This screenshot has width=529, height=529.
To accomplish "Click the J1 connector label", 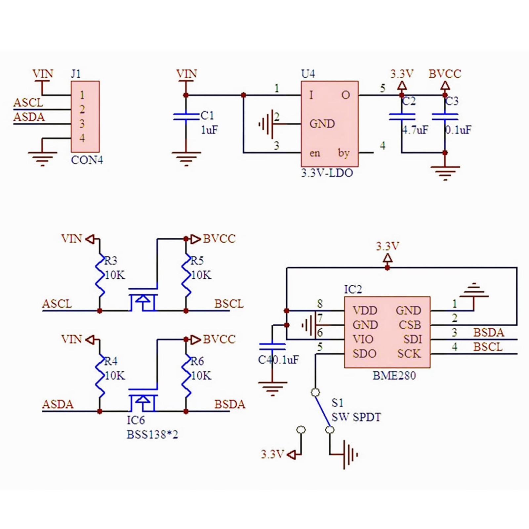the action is tap(76, 73).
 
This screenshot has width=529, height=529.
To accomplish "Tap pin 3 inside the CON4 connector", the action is tap(82, 124).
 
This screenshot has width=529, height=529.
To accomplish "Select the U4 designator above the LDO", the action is tap(308, 73).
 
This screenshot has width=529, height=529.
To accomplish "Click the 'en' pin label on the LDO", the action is tap(315, 153).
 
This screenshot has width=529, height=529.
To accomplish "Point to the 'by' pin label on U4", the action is tap(344, 153).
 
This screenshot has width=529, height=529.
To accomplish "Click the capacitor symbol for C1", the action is tap(186, 116).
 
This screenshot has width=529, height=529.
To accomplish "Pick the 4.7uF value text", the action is tap(415, 130).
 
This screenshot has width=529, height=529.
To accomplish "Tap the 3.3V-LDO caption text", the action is tap(327, 173).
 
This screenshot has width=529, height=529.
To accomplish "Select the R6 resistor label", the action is tap(197, 361).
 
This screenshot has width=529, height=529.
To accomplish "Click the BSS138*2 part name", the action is tap(152, 434).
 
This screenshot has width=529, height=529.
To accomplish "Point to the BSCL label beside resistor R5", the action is tap(229, 304).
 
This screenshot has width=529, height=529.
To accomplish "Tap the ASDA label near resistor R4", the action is tap(58, 404).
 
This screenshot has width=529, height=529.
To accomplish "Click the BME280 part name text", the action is tap(394, 376).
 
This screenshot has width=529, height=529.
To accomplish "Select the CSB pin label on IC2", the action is tap(410, 325).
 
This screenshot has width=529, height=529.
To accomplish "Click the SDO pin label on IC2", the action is tap(364, 354).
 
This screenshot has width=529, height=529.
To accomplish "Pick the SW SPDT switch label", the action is tap(356, 417).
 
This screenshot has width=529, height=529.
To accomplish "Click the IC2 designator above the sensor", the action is tap(353, 289).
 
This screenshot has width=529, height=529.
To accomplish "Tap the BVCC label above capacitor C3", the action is tap(445, 73).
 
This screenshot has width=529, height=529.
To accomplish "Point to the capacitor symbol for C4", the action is tap(272, 346).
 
